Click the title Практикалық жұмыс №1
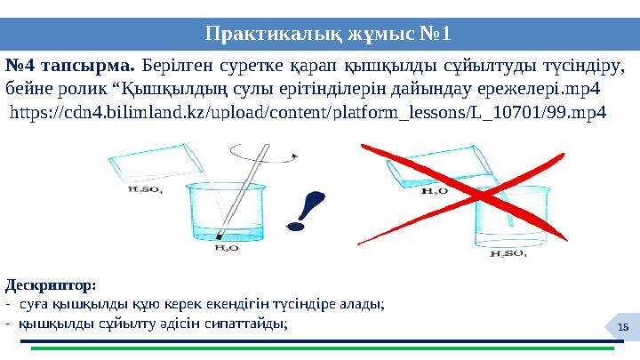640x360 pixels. [x=327, y=35]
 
